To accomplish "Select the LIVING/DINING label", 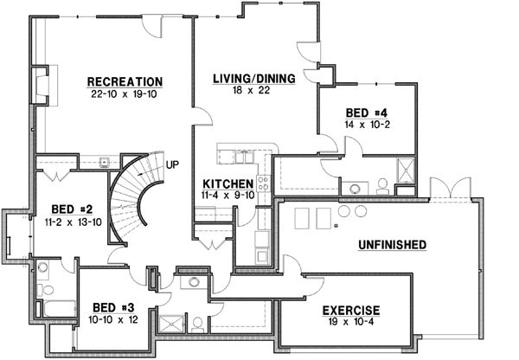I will click(254, 79).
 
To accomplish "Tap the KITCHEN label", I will click(227, 184).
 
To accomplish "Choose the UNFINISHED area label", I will click(392, 245).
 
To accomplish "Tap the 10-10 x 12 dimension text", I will click(113, 318).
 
